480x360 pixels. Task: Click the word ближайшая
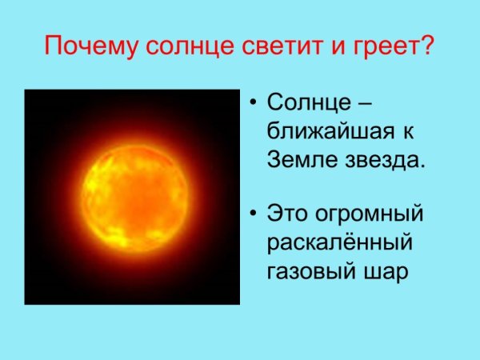click(x=329, y=130)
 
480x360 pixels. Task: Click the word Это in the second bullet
click(x=286, y=214)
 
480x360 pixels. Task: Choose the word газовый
click(x=306, y=270)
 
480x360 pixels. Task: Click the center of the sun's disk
click(x=133, y=197)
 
